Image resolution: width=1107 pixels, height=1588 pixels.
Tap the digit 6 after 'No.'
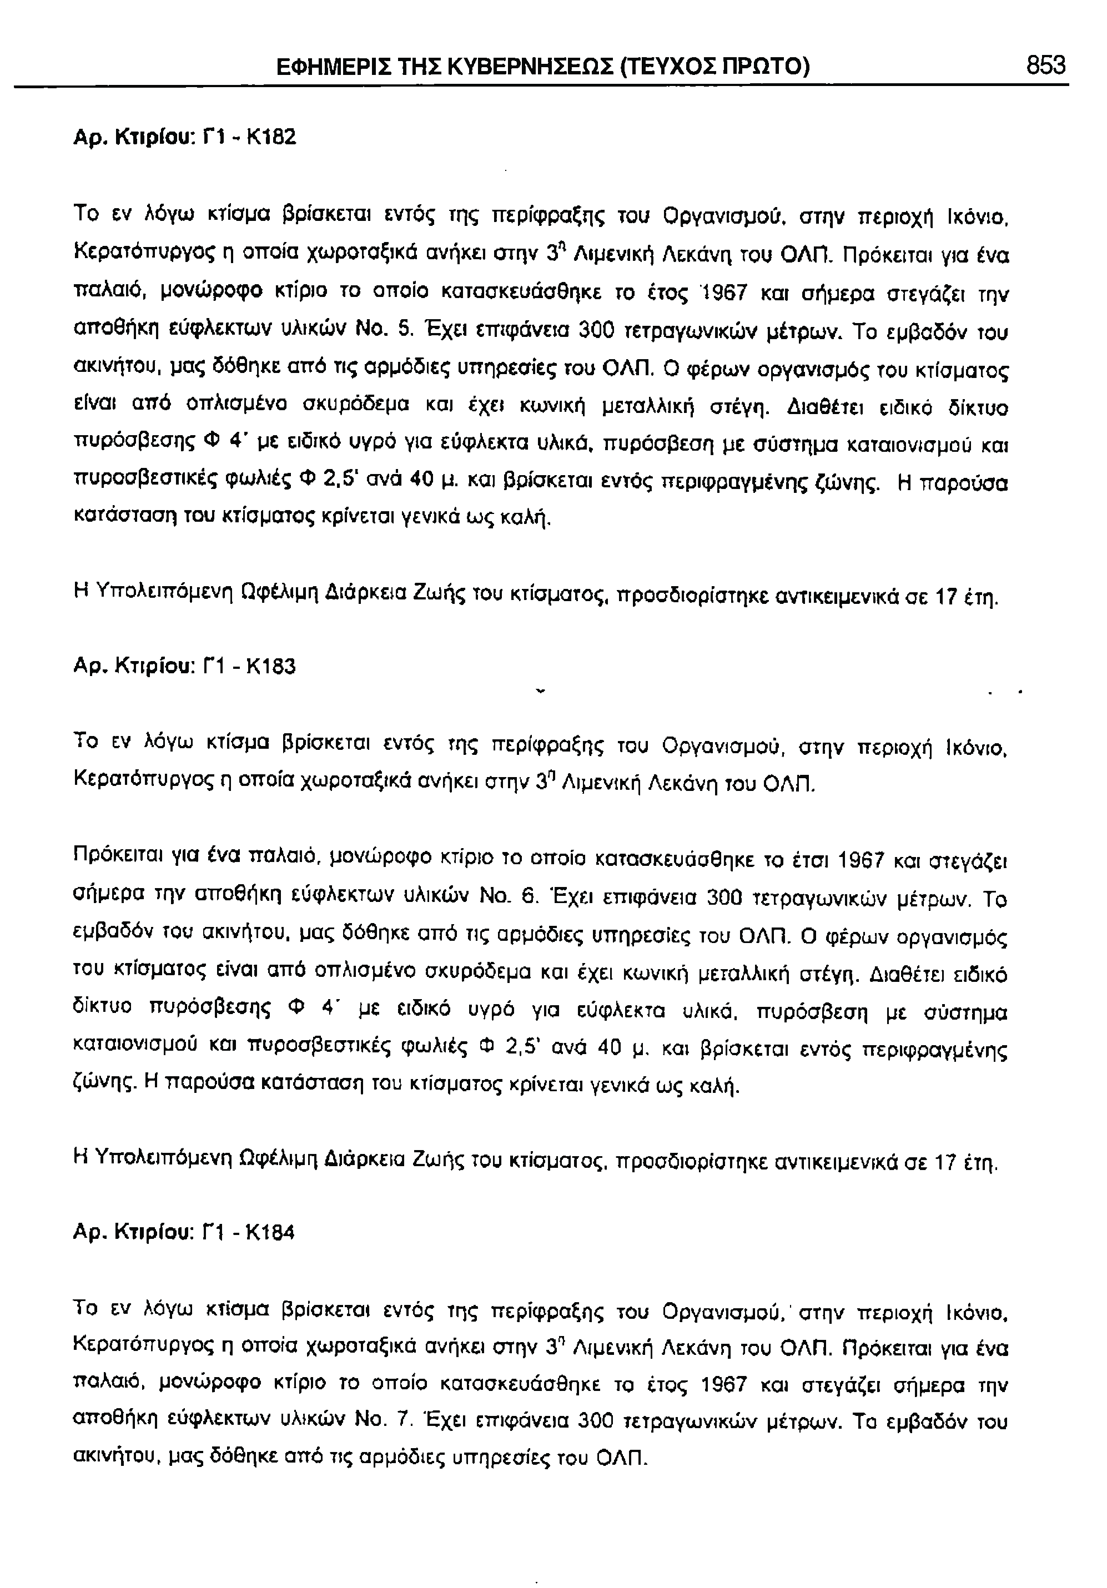pos(529,899)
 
